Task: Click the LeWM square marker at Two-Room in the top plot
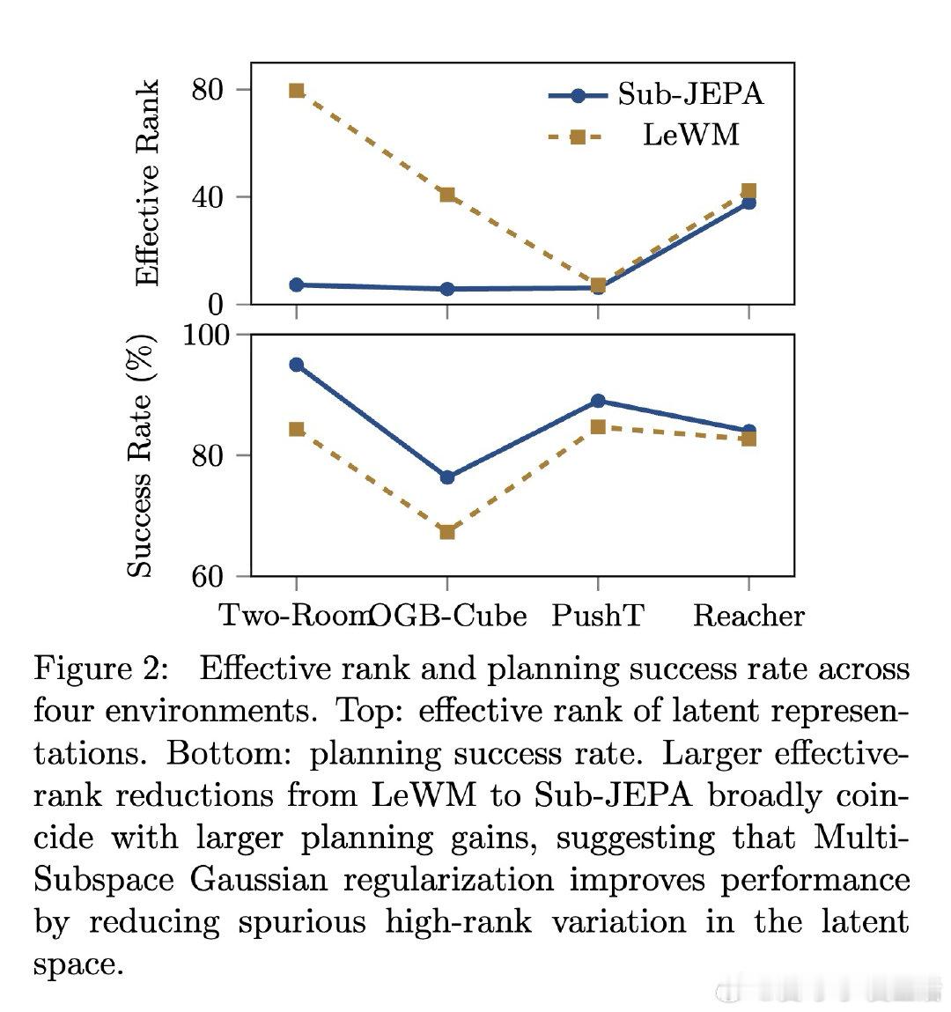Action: (297, 91)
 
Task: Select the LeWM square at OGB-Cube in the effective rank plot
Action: (447, 195)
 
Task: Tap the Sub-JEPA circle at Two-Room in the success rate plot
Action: (297, 365)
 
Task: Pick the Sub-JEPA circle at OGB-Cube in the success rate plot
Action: (447, 477)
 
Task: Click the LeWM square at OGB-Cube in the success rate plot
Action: (447, 532)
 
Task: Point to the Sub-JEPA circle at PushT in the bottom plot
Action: (598, 401)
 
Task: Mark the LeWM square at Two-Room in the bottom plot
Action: (297, 429)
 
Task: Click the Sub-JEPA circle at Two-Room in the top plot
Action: (297, 284)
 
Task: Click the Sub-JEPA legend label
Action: (690, 94)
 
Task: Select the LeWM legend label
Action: (691, 135)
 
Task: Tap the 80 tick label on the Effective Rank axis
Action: (208, 90)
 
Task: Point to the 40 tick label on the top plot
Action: (208, 196)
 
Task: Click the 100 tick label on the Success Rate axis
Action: (206, 335)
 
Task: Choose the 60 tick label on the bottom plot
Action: (208, 576)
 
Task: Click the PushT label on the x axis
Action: (598, 615)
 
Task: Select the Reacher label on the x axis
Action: (749, 616)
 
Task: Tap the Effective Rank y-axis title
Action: (147, 183)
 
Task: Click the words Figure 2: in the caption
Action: (101, 668)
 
